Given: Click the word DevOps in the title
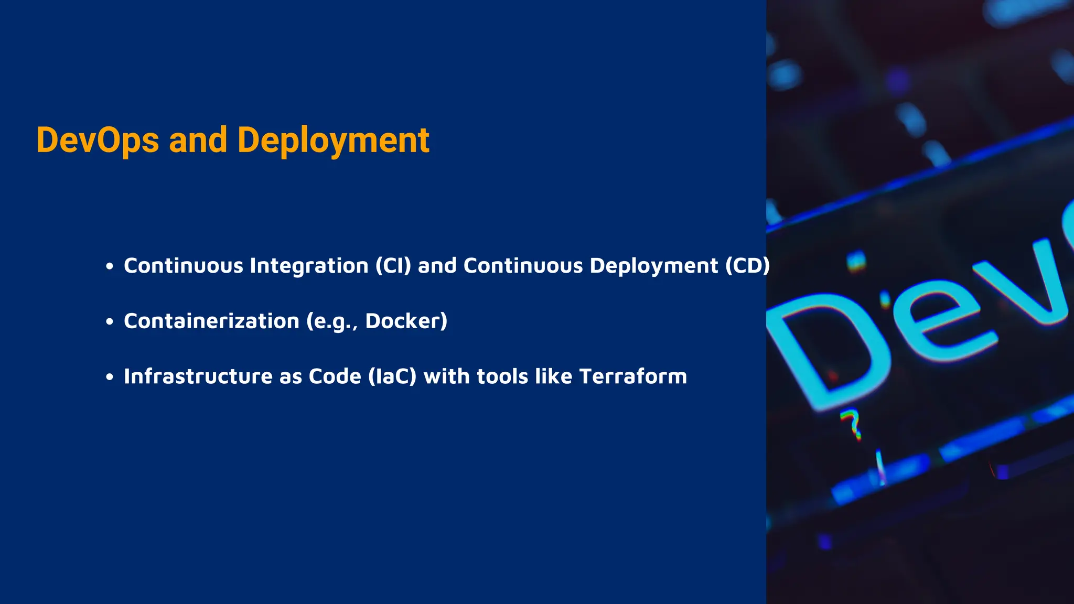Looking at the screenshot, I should (98, 141).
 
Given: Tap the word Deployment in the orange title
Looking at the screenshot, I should (334, 141).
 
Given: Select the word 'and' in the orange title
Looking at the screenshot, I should (198, 141).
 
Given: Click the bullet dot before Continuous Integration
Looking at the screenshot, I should (109, 266).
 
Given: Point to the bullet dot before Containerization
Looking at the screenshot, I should (109, 321).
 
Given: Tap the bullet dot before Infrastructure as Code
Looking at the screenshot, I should (109, 376).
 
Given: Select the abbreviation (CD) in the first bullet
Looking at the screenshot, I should (747, 266).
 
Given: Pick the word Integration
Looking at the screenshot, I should (309, 266).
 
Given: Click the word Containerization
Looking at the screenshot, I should (211, 321).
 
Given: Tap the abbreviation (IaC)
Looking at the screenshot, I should (392, 376).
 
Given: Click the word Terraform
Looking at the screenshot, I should (633, 376).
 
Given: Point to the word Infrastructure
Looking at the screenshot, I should (198, 376).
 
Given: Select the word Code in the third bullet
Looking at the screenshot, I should (335, 376).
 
